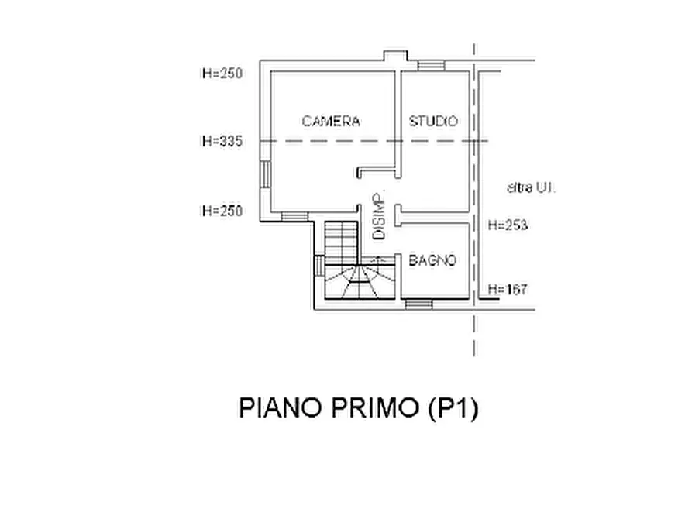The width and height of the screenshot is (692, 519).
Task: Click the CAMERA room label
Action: [331, 121]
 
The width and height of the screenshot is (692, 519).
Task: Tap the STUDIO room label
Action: [433, 121]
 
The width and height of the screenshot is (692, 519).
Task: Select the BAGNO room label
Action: [432, 260]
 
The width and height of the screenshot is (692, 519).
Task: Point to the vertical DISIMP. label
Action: [379, 216]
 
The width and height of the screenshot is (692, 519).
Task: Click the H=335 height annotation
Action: [222, 141]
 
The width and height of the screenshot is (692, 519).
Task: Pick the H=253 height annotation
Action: [508, 225]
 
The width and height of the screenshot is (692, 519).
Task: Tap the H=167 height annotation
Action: [508, 289]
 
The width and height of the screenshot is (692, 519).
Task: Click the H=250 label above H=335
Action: [222, 73]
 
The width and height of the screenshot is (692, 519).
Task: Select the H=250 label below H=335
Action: [222, 211]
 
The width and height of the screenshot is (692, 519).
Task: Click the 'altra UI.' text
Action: [531, 187]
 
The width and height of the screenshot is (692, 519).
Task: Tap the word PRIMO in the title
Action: [374, 407]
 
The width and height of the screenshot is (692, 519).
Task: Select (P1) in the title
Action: [453, 408]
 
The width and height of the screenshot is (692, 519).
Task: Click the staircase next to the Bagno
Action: [360, 260]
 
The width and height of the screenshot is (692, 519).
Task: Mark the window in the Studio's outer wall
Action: [431, 66]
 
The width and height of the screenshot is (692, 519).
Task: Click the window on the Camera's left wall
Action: [265, 174]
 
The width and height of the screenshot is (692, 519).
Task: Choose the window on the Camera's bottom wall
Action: [294, 216]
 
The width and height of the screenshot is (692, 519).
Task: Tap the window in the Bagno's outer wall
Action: [418, 304]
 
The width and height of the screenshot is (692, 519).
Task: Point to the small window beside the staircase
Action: [319, 266]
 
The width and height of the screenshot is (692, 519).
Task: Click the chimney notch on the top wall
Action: [395, 56]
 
